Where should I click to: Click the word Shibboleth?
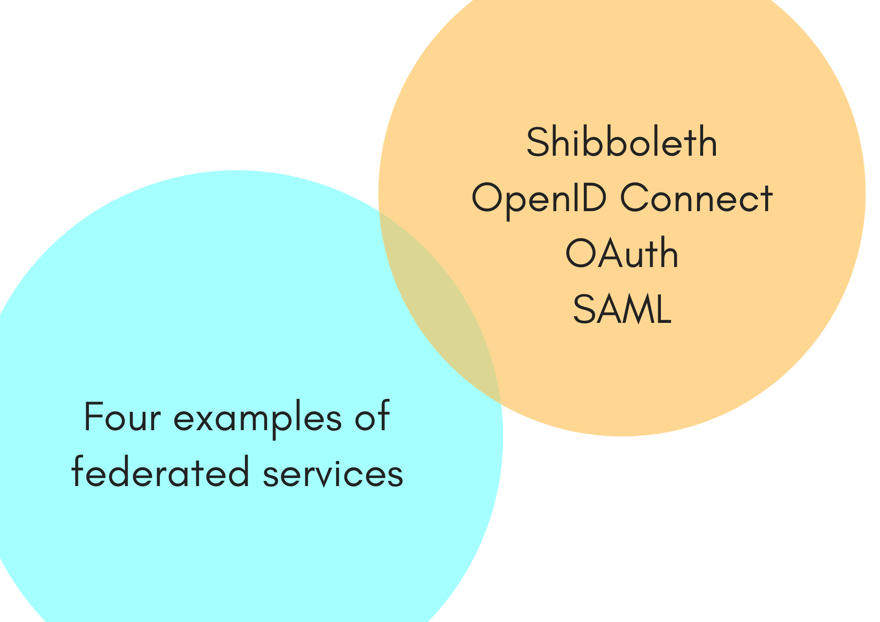[622, 142]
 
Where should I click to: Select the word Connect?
[696, 198]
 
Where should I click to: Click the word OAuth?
[622, 253]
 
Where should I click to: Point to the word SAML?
[622, 309]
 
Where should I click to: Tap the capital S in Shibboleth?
[537, 142]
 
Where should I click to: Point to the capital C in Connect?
[634, 198]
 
